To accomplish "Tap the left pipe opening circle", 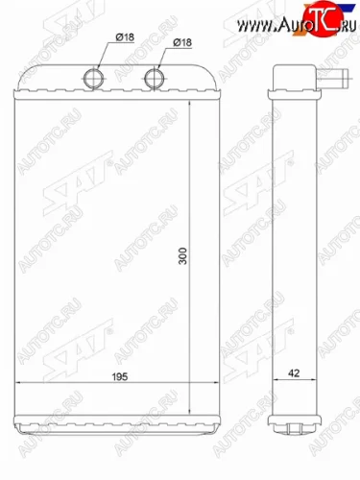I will coord(96,77).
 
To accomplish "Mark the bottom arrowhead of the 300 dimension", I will coord(192,411).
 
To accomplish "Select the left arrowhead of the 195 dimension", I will coord(18,387).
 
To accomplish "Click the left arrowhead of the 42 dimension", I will coord(273,387).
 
